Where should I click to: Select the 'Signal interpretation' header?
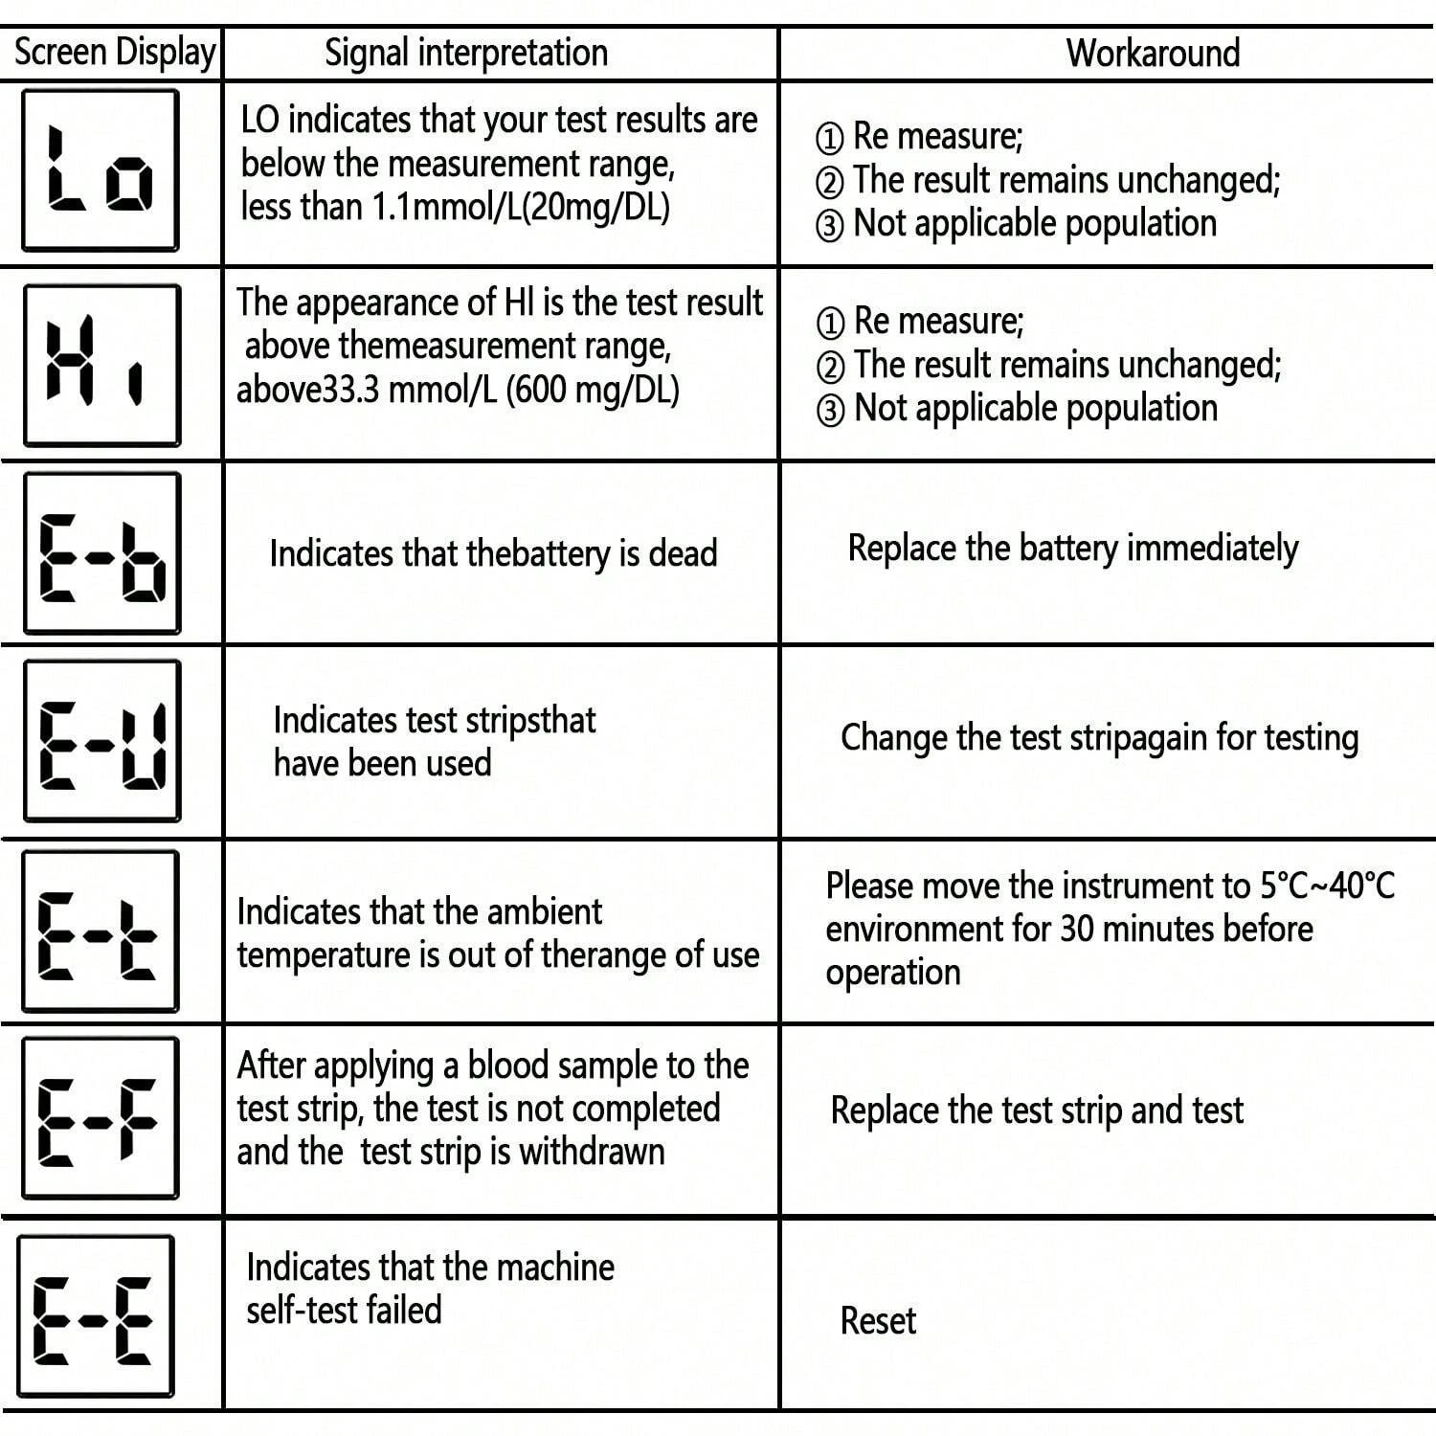point(466,53)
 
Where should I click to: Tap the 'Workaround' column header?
point(1153,53)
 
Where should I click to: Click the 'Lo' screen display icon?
point(101,170)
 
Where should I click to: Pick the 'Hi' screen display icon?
point(101,365)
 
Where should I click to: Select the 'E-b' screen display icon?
point(102,553)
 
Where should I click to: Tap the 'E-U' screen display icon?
point(102,740)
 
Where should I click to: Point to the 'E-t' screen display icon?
point(101,930)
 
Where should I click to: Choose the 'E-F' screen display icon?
point(101,1117)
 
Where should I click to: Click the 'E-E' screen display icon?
point(96,1315)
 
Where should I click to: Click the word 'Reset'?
point(878,1321)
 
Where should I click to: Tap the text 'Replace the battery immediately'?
point(1072,549)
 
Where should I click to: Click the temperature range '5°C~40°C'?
point(1327,886)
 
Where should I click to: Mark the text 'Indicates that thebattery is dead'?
point(493,553)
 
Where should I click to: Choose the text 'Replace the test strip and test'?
point(1037,1111)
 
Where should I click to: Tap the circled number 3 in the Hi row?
point(830,411)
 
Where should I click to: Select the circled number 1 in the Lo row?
point(829,139)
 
